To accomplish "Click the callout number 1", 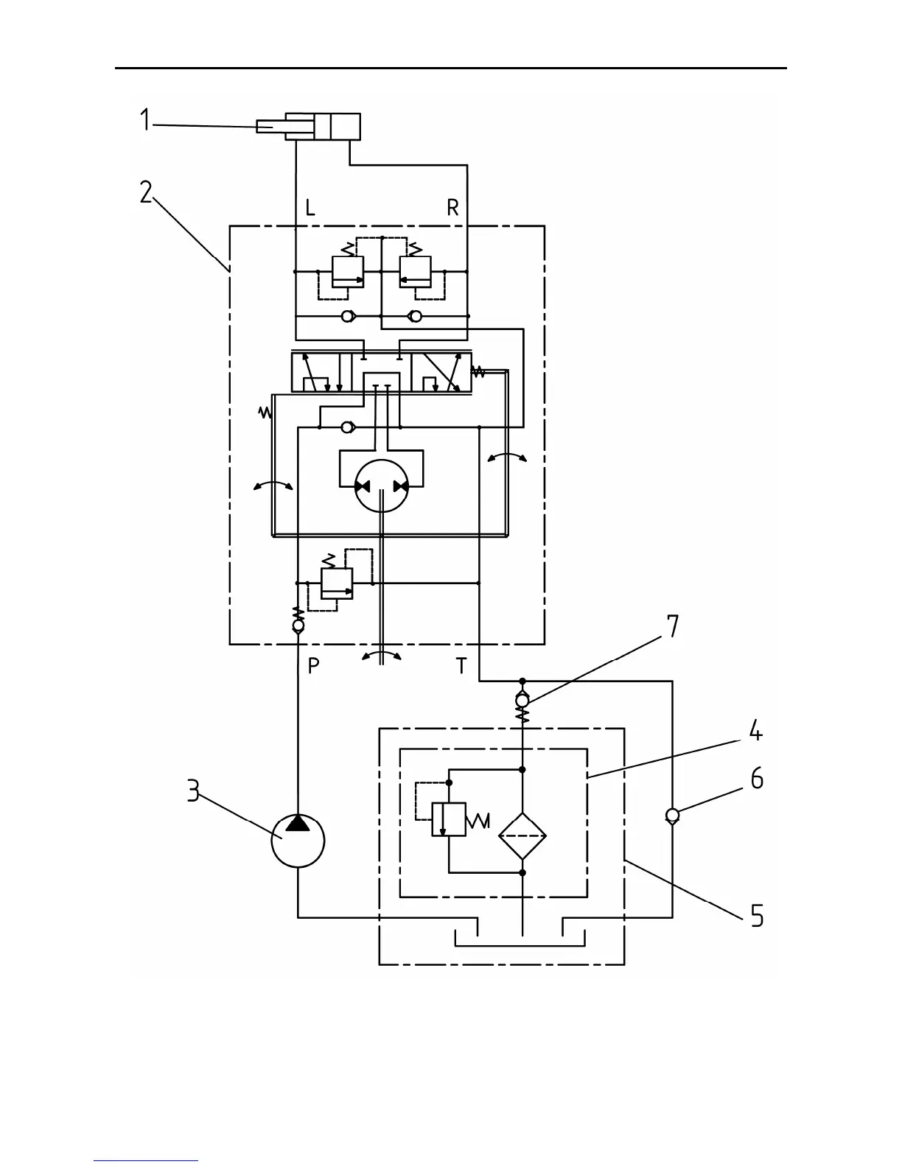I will [x=145, y=120].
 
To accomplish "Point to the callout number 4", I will [x=755, y=731].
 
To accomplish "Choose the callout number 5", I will [x=757, y=916].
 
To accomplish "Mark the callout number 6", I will [x=757, y=779].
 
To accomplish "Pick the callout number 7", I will [x=672, y=626].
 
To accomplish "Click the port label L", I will [x=310, y=208].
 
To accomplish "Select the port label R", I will [x=452, y=208].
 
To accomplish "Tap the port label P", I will [x=314, y=666].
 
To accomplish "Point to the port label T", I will [x=461, y=666].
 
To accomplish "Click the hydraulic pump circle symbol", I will [x=298, y=841].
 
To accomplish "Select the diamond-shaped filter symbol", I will [x=522, y=835].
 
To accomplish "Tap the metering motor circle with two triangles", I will [x=382, y=486].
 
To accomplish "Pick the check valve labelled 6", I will [x=672, y=815].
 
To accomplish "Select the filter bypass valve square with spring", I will [x=449, y=819].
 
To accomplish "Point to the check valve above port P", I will [x=298, y=625].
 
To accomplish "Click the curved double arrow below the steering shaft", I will [x=382, y=655].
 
